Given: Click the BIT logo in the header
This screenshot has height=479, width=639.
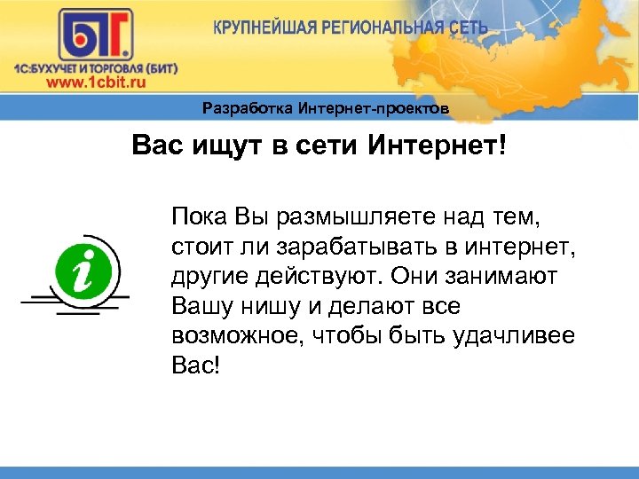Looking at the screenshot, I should click(x=95, y=35).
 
